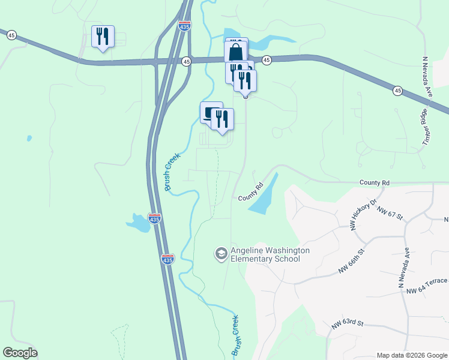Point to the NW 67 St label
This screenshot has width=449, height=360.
[x=390, y=212]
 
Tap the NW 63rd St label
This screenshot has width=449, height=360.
[x=348, y=324]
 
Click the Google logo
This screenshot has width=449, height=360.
[x=20, y=353]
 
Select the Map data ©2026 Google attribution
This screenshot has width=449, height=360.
[x=412, y=355]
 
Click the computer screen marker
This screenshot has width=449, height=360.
[x=209, y=113]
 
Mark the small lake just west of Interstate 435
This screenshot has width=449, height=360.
[x=137, y=223]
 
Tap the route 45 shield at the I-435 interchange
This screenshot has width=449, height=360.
[x=187, y=61]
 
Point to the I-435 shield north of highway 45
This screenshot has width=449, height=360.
[x=185, y=27]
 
